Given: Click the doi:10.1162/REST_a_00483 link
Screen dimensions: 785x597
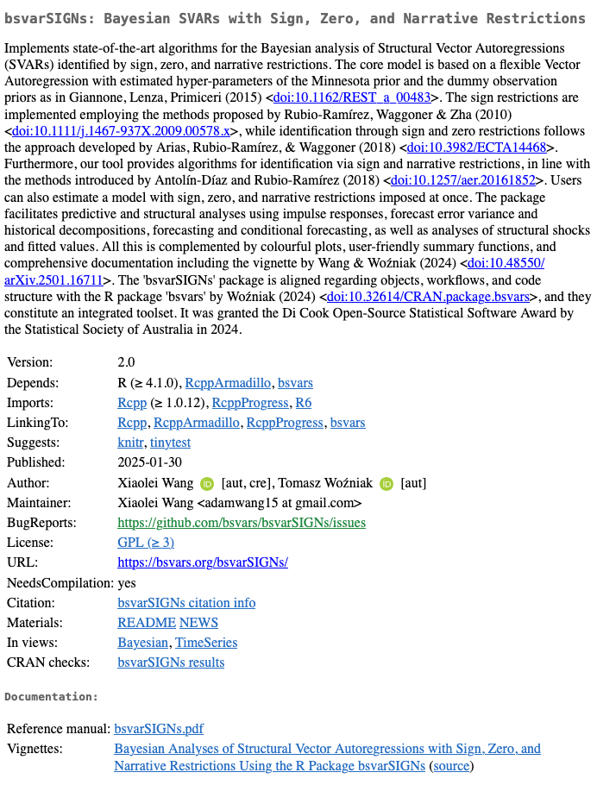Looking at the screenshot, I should coord(351,97).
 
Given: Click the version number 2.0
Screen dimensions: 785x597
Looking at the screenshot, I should coord(126,362).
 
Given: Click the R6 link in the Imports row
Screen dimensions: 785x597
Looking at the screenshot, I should coord(304,403).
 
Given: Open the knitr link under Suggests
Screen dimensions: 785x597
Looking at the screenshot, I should coord(130,443).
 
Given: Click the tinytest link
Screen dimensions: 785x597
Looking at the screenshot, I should coord(170,443).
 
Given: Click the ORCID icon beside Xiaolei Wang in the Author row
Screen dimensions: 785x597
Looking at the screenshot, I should coord(206,483).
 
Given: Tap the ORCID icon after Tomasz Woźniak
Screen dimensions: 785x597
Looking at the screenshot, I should coord(386,483).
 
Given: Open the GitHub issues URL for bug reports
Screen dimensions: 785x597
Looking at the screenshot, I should coord(242,523).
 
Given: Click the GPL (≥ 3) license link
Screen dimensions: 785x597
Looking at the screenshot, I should coord(146,543).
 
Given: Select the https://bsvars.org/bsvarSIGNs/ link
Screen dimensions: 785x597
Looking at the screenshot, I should coord(203,562).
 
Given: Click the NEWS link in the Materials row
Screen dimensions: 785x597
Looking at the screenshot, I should coord(199,623).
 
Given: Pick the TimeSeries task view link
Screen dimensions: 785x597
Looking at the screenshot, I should coord(206,643).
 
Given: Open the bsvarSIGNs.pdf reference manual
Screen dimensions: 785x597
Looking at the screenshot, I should coord(159,729).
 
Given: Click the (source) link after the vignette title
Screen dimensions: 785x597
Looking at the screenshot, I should coord(451,766).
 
